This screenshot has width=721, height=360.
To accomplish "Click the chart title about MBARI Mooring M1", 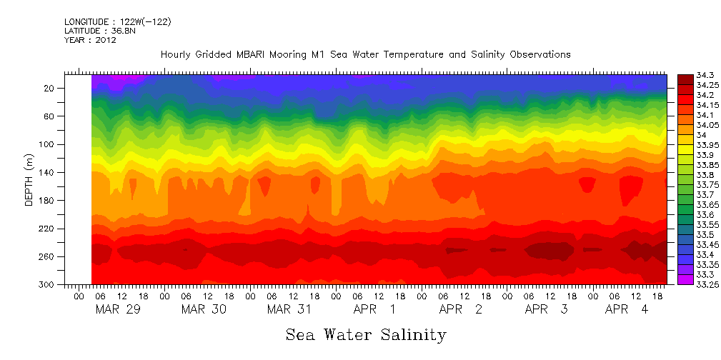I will pyautogui.click(x=365, y=55).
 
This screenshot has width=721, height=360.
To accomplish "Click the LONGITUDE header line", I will pyautogui.click(x=118, y=22).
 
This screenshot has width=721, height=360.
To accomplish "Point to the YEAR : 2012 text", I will pyautogui.click(x=90, y=40).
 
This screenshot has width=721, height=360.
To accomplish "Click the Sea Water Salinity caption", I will pyautogui.click(x=366, y=334).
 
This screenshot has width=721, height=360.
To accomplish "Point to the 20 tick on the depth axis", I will pyautogui.click(x=50, y=88).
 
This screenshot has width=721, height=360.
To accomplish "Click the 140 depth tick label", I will pyautogui.click(x=47, y=172).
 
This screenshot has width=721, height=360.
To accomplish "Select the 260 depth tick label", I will pyautogui.click(x=47, y=256).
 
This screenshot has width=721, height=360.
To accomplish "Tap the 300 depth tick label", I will pyautogui.click(x=47, y=284).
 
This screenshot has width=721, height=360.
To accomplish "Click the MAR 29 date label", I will pyautogui.click(x=118, y=309).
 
